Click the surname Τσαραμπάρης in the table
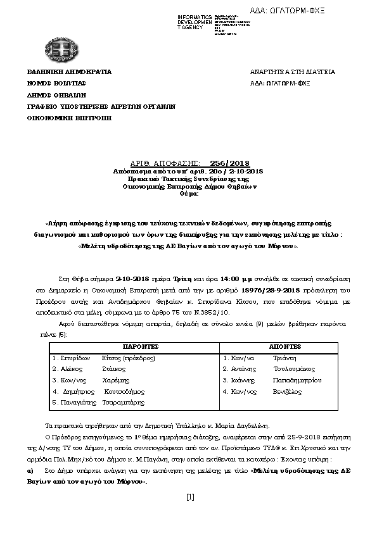pyautogui.click(x=124, y=402)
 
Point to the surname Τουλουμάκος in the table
pyautogui.click(x=294, y=369)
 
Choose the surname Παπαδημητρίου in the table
pyautogui.click(x=297, y=380)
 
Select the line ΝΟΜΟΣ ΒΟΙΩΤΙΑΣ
pyautogui.click(x=56, y=83)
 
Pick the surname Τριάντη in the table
pyautogui.click(x=283, y=358)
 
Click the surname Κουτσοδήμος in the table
pyautogui.click(x=127, y=391)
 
